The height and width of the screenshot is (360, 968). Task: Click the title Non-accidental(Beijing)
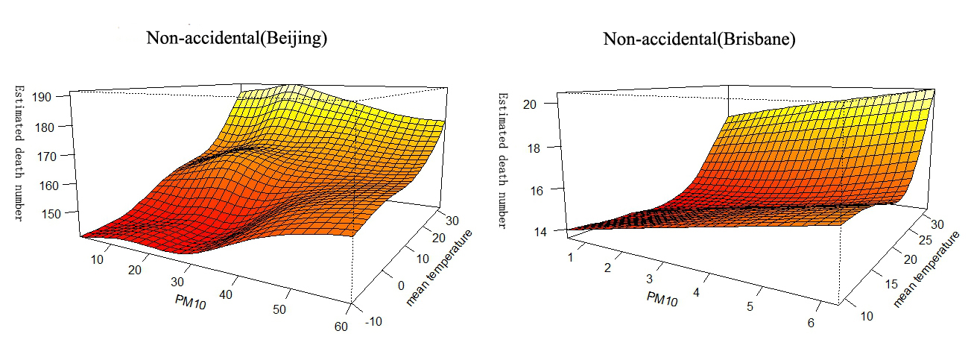click(x=237, y=39)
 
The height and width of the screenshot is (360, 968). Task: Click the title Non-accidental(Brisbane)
click(x=699, y=39)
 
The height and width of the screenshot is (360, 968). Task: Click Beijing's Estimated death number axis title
click(x=18, y=153)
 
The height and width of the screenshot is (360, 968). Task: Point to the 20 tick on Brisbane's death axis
click(x=534, y=104)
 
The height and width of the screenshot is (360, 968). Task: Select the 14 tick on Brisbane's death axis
click(x=534, y=232)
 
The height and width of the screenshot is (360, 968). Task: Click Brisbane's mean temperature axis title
click(x=926, y=269)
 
